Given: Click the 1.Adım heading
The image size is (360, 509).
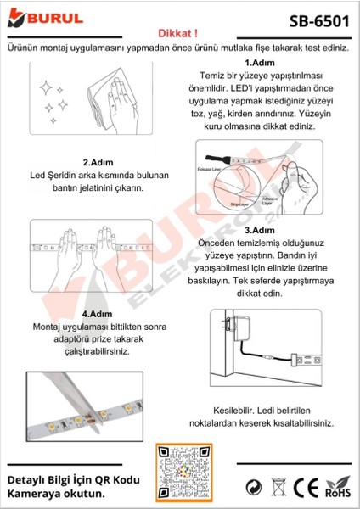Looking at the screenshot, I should click(x=258, y=63).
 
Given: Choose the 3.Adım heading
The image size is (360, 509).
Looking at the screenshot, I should click(x=258, y=230).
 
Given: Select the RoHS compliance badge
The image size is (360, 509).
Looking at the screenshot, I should click(x=338, y=488).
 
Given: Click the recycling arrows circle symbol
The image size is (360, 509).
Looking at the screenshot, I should click(x=253, y=488).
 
